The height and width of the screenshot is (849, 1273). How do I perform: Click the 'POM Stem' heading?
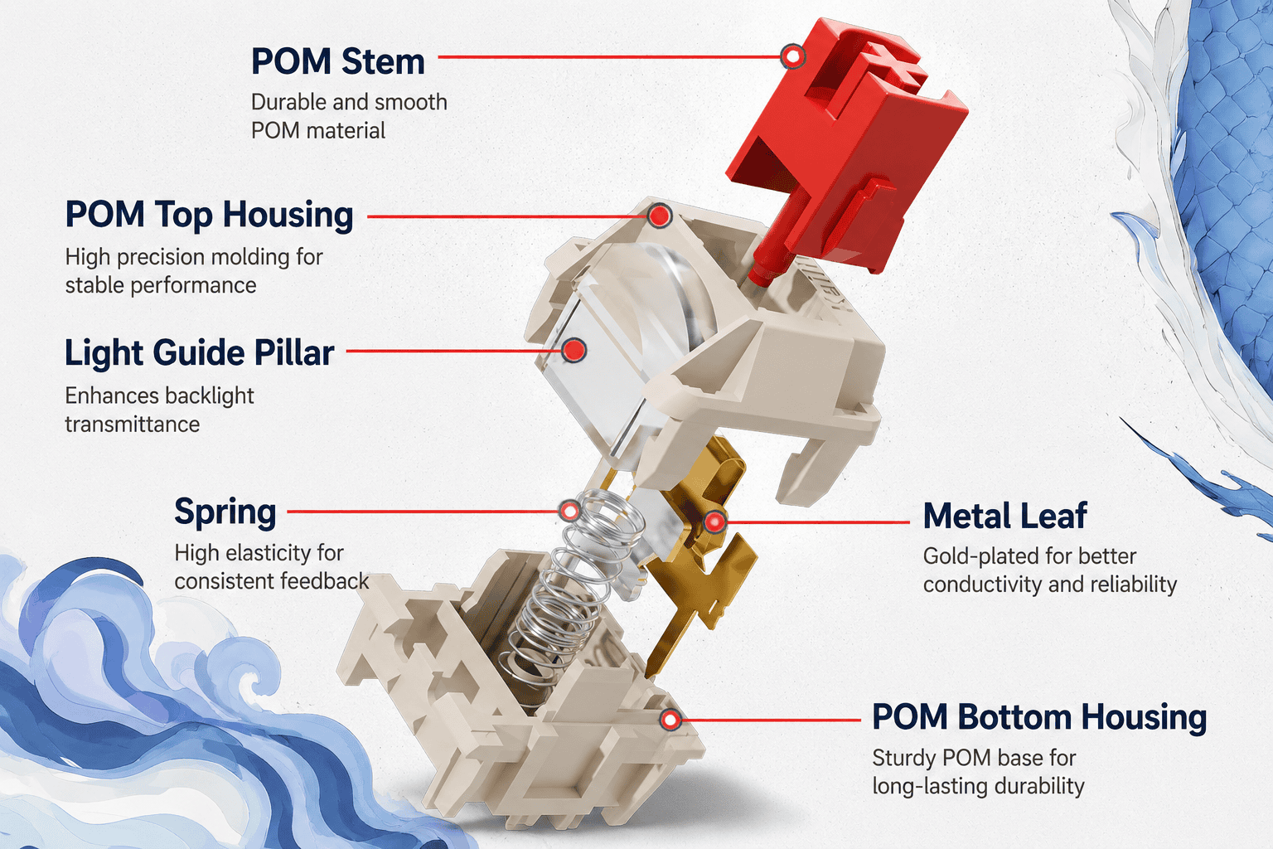(337, 61)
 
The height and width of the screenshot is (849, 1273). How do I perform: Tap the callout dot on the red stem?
(792, 56)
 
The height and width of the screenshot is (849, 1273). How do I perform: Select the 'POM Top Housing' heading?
(209, 216)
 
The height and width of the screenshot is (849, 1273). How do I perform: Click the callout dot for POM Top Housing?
(659, 216)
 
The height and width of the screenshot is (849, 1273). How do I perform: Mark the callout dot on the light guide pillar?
(574, 350)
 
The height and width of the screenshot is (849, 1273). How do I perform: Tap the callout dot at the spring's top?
(569, 511)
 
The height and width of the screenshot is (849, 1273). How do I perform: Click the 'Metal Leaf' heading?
(1004, 516)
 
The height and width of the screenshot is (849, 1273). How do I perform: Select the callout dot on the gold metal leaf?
(714, 522)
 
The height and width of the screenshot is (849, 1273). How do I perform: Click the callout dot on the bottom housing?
(670, 720)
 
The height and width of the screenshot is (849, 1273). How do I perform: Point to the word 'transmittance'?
(133, 424)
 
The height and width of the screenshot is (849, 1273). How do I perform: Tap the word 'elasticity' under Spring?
(272, 553)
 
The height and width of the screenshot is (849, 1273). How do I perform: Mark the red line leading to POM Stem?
(609, 56)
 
